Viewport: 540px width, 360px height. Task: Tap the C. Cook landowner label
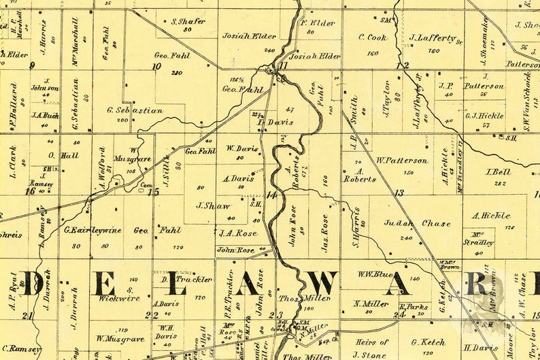point(372,37)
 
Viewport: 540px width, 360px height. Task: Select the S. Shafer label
point(188,21)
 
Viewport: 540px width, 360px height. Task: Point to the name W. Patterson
point(402,161)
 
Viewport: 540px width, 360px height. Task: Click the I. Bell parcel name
point(498,172)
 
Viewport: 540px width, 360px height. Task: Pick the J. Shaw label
point(213,206)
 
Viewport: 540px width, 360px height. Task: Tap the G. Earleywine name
point(92,230)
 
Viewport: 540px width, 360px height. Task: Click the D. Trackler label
point(178,279)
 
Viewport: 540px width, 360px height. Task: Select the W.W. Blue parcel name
point(375,275)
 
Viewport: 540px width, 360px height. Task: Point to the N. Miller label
point(371,304)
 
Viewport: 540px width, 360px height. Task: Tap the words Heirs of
point(371,342)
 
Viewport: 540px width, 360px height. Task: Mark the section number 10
point(157,66)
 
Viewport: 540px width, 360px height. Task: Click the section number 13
point(399,193)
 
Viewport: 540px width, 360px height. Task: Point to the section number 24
point(400,314)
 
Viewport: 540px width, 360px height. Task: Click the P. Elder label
point(318,23)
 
